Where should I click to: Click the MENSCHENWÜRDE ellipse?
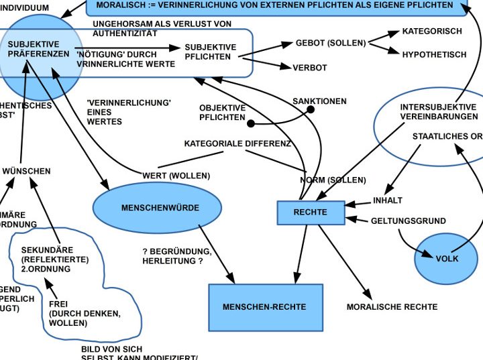point(160,208)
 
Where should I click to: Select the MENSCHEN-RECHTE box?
point(265,307)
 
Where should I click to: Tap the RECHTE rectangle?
point(311,213)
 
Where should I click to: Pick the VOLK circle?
point(446,258)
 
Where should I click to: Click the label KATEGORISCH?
point(432,32)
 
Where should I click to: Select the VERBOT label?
point(309,68)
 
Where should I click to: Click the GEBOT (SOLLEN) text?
point(331,43)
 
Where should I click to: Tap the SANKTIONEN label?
point(319,101)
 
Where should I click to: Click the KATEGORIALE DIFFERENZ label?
point(237,143)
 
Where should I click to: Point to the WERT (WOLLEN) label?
point(176,176)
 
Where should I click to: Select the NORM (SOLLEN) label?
point(333,180)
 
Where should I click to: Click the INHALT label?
point(388,200)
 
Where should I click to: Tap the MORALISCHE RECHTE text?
point(392,307)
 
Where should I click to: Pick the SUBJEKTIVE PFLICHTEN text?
point(211,52)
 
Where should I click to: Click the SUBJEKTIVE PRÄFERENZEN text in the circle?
point(39,48)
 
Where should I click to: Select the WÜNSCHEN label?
point(26,172)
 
